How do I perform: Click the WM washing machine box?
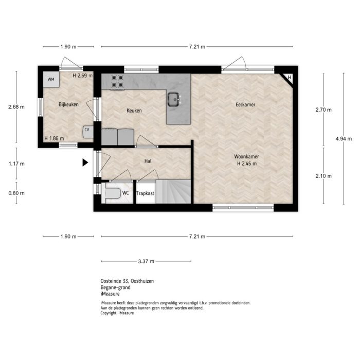51,79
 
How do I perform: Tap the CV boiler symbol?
87,130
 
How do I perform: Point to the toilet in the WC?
112,193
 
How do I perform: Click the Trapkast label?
146,193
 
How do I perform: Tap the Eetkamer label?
246,105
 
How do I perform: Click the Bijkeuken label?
68,105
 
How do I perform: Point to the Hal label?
148,161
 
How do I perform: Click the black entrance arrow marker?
85,163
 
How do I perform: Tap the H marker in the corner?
290,78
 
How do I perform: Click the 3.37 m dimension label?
147,261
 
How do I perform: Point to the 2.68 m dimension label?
16,107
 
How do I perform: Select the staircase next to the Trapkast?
173,191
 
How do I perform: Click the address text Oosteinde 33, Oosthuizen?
127,281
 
